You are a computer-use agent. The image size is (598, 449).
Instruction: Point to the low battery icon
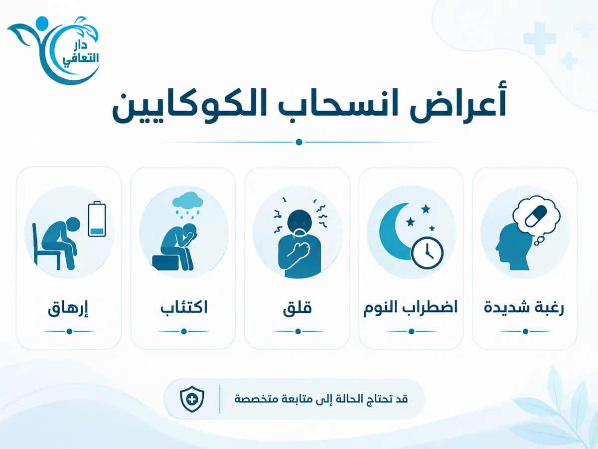point(97,219)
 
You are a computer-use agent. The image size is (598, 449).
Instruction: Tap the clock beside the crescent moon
point(427,252)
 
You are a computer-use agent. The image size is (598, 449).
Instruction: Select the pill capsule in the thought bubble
point(536,216)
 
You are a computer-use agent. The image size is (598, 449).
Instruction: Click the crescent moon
point(396,231)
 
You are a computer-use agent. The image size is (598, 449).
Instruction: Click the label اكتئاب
point(184,307)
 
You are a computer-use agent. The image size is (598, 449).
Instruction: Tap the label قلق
point(297,308)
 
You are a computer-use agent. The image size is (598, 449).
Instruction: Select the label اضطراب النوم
point(411,308)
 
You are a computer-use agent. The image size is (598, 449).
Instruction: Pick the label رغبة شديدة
point(524,308)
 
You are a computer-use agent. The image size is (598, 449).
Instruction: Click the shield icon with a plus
point(192,399)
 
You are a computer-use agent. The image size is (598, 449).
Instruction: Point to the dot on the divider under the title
point(299,142)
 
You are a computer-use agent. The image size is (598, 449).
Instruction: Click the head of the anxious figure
point(299,222)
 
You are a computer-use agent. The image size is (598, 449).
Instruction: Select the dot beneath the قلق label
point(298,331)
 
